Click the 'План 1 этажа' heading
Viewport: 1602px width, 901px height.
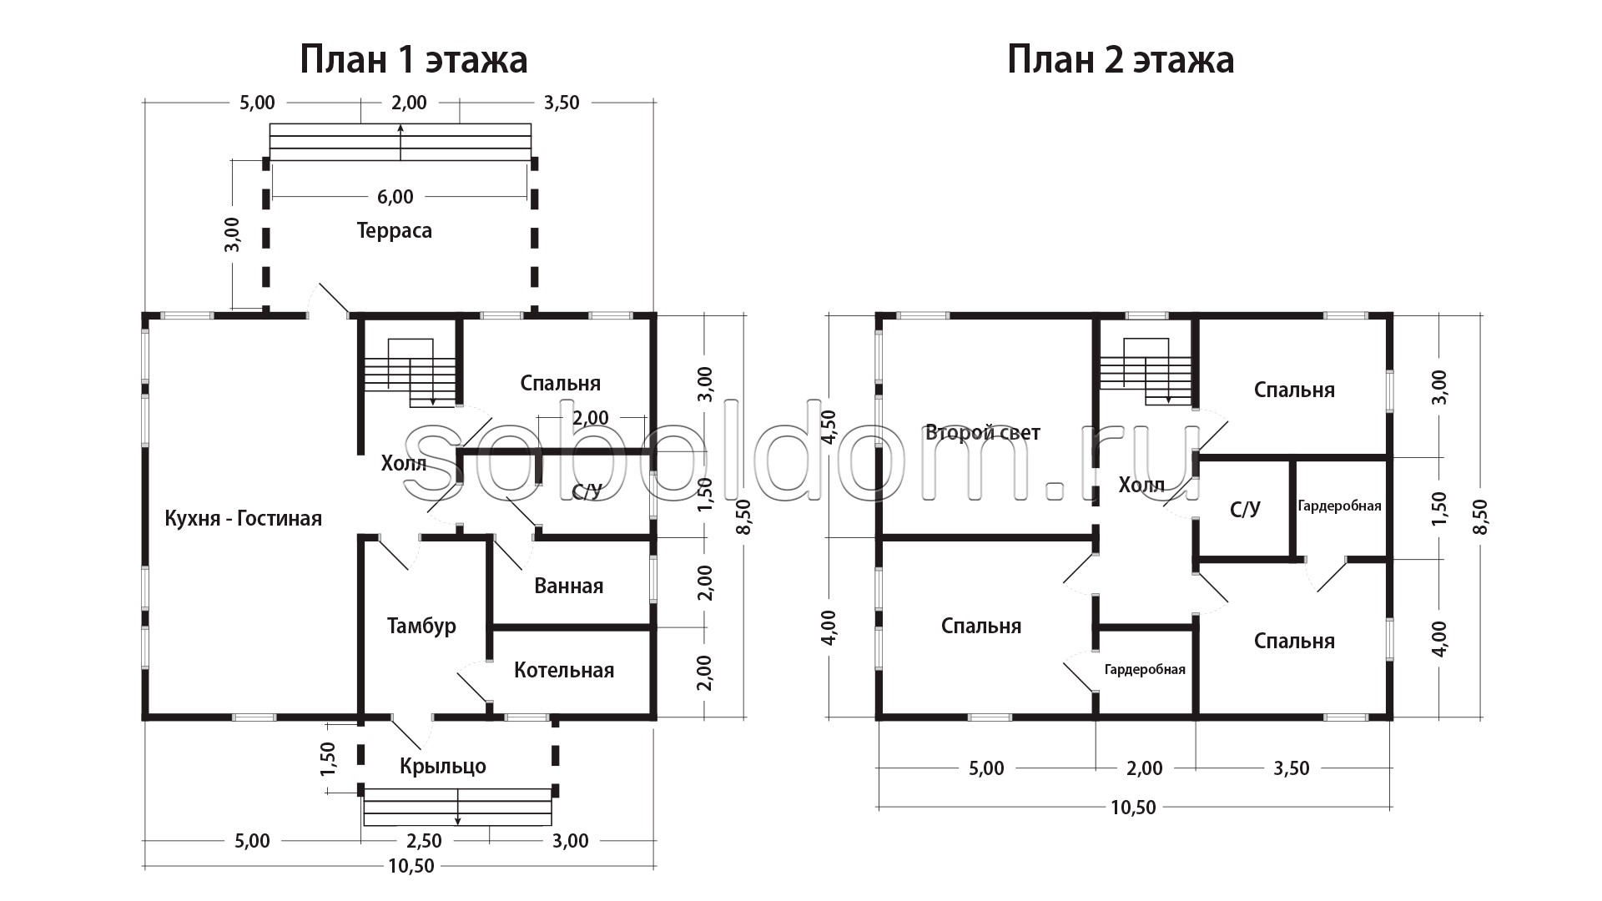(413, 60)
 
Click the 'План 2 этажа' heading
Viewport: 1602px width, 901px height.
(1121, 60)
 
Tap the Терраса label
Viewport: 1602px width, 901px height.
(395, 230)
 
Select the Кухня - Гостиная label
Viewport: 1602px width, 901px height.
(243, 518)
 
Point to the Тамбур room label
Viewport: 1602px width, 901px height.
(421, 626)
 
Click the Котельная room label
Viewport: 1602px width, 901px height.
(564, 670)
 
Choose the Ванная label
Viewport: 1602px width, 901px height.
(568, 586)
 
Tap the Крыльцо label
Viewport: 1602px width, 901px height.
(442, 766)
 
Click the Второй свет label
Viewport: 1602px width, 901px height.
(983, 432)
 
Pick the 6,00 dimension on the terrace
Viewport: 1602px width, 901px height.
(395, 197)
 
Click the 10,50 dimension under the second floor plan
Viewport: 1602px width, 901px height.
(1133, 808)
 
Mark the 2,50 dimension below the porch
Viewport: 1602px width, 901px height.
(423, 841)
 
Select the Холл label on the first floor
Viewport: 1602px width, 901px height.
(404, 463)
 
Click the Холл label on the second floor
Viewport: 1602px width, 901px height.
(1141, 485)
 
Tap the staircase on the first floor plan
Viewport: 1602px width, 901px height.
(411, 372)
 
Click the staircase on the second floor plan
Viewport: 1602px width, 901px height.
(1146, 371)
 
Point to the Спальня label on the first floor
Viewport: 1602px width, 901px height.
(561, 383)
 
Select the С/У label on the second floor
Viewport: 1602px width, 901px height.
(1246, 509)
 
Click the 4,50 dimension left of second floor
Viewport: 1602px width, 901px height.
(828, 427)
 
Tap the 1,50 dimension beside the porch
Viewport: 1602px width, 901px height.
(327, 758)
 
